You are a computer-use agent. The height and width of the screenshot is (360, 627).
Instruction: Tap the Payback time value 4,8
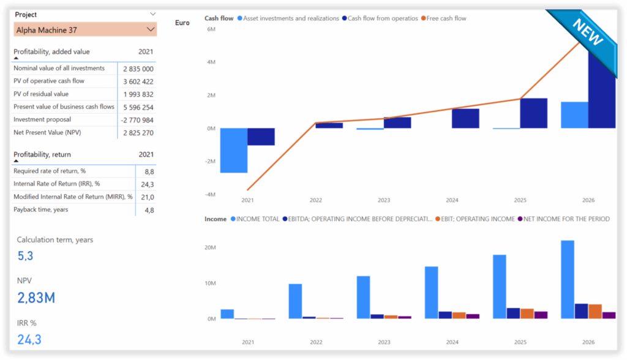pyautogui.click(x=148, y=211)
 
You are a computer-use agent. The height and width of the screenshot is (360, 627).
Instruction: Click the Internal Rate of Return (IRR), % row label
pyautogui.click(x=56, y=184)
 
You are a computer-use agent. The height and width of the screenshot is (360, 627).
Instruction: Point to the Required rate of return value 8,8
pyautogui.click(x=148, y=172)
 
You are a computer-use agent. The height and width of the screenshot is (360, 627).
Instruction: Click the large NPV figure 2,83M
pyautogui.click(x=36, y=298)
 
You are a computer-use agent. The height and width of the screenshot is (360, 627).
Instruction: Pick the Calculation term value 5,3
pyautogui.click(x=24, y=255)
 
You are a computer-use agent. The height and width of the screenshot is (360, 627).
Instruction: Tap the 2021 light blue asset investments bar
pyautogui.click(x=233, y=151)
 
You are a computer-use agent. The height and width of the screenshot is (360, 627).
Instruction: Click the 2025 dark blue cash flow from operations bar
pyautogui.click(x=533, y=113)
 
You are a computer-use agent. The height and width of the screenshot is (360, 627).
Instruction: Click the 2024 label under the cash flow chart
pyautogui.click(x=452, y=200)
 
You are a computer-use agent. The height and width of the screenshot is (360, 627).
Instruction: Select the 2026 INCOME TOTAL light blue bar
pyautogui.click(x=568, y=279)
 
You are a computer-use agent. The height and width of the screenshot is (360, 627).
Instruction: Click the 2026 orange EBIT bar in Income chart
pyautogui.click(x=595, y=311)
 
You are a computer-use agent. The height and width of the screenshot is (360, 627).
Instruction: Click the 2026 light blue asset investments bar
pyautogui.click(x=574, y=115)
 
